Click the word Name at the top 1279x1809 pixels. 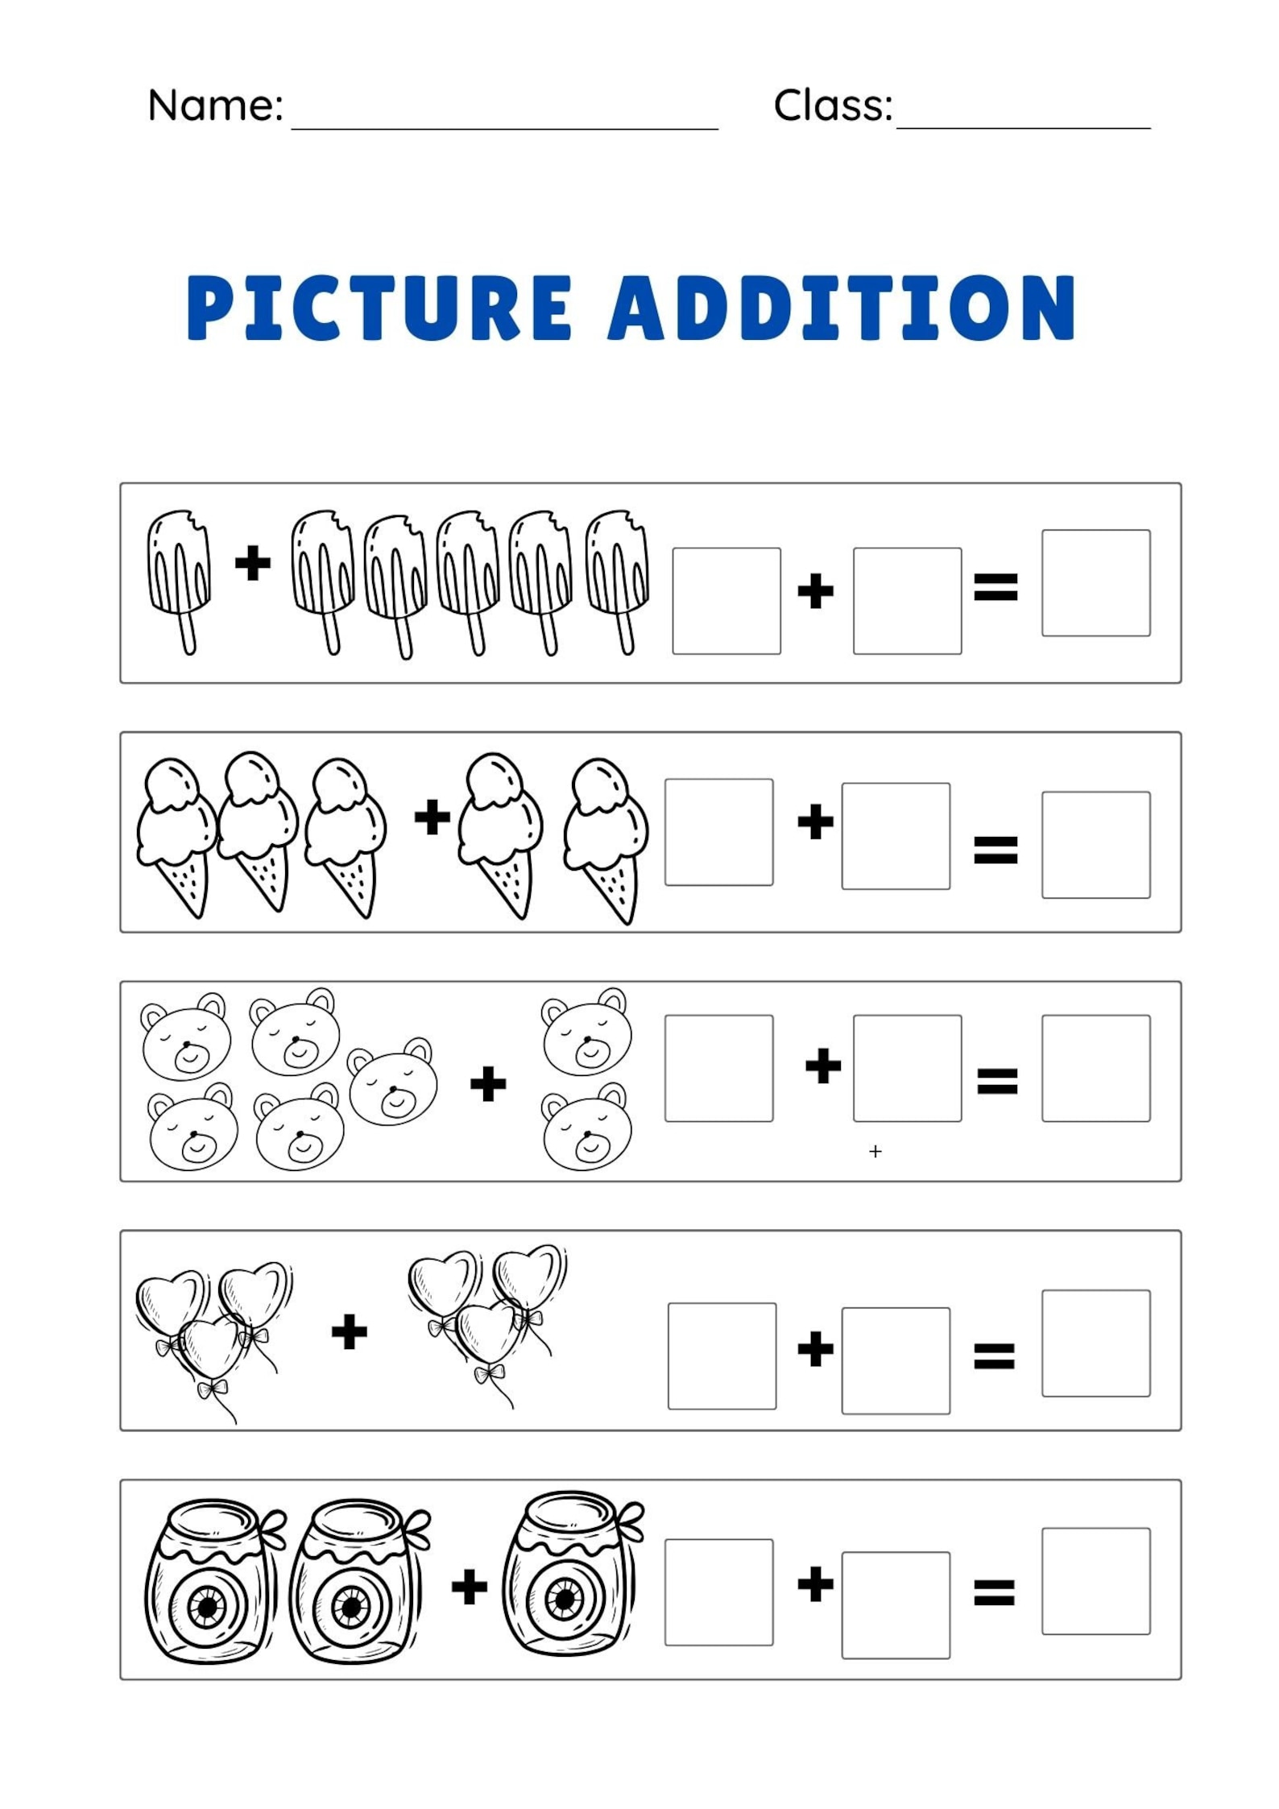tap(213, 106)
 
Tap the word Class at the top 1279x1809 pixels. tap(832, 106)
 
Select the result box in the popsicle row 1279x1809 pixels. tap(1095, 582)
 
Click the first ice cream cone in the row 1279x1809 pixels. tap(176, 834)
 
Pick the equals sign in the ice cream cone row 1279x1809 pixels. tap(995, 849)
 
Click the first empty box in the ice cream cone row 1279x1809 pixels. tap(718, 831)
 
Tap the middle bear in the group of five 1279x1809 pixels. tap(393, 1081)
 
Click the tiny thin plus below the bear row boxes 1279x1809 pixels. tap(875, 1152)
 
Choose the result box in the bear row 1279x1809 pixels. tap(1095, 1068)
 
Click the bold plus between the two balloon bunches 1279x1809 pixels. tap(350, 1331)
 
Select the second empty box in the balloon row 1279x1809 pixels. tap(896, 1360)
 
